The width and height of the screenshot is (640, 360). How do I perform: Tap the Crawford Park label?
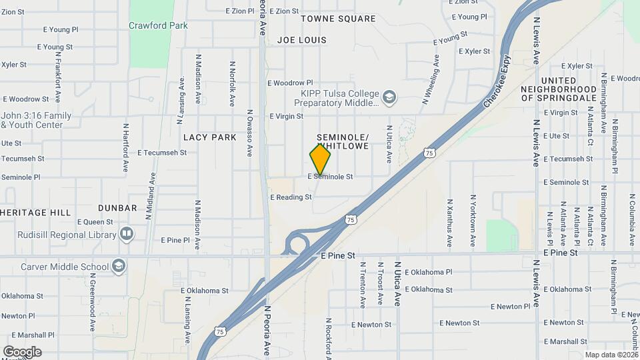[158, 26]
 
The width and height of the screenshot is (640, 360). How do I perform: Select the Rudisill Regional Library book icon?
[126, 235]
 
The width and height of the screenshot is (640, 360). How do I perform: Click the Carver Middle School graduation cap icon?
[119, 267]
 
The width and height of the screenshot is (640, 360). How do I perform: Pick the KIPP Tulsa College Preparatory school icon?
[389, 99]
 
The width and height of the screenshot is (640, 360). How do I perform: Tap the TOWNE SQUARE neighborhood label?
[338, 19]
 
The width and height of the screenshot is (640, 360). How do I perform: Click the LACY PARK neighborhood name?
[210, 137]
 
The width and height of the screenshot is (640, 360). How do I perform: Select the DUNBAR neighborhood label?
[117, 208]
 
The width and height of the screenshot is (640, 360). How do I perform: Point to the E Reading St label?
[291, 197]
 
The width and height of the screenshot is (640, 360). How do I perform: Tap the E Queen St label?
[96, 222]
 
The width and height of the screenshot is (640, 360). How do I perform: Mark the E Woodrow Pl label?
[290, 83]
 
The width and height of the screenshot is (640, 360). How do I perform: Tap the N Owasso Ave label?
[249, 133]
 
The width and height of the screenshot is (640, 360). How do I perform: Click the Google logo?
[22, 351]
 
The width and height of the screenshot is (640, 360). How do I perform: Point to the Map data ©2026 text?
[611, 355]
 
